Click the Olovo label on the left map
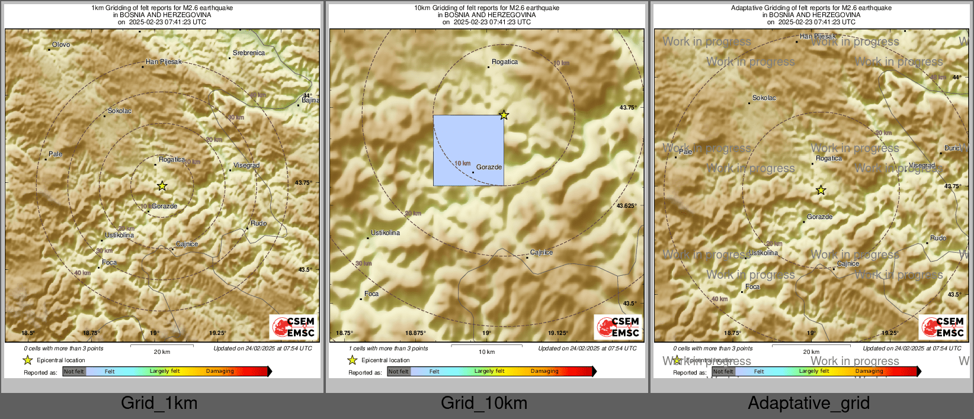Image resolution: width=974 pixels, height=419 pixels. (61, 45)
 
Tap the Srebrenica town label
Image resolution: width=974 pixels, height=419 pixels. (249, 53)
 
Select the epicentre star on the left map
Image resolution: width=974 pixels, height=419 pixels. (162, 186)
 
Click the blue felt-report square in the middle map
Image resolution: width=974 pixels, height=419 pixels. (468, 150)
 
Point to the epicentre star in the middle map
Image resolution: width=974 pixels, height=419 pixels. (504, 115)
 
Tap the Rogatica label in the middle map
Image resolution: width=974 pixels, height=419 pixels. (505, 62)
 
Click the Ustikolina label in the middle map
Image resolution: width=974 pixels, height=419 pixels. (385, 233)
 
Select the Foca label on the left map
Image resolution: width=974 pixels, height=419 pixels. (110, 263)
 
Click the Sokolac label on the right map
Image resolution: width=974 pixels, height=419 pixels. (764, 98)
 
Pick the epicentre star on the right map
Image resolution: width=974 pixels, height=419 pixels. (821, 190)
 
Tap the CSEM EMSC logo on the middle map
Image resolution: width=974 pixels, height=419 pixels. (618, 327)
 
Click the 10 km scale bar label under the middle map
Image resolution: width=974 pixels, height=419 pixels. (486, 352)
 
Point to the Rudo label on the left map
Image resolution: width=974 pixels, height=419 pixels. (258, 224)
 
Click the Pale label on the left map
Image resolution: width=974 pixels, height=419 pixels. (55, 154)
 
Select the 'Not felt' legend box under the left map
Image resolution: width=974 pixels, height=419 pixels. (74, 372)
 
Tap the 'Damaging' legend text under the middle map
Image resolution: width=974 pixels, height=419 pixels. (544, 372)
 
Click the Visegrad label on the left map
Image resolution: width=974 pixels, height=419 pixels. (246, 166)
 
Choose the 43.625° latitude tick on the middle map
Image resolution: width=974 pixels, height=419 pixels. (626, 206)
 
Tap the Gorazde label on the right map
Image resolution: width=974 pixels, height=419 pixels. (819, 217)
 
